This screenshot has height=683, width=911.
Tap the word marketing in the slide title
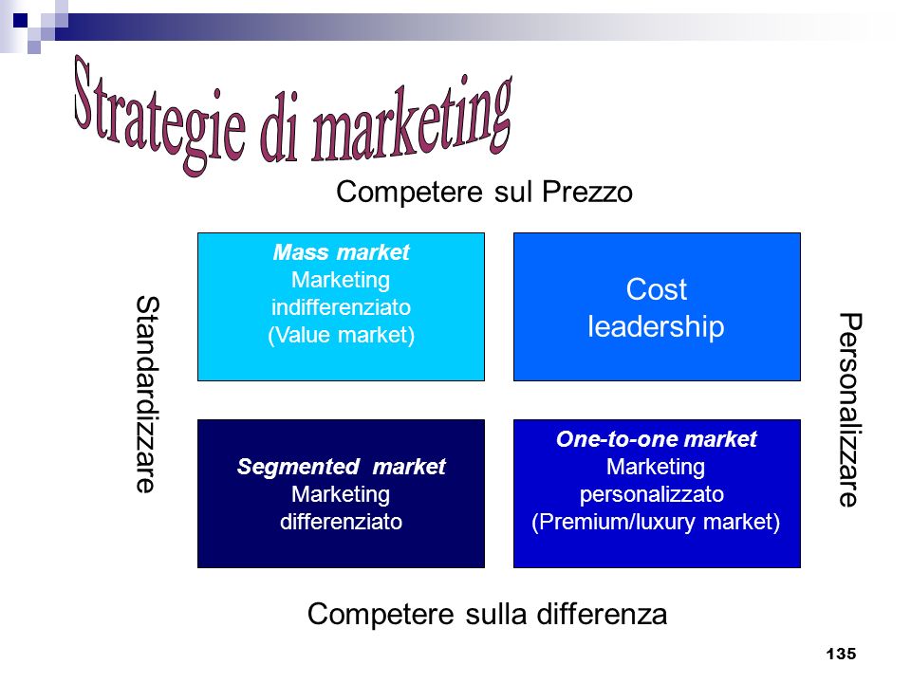[x=412, y=120]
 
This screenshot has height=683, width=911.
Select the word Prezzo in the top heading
[x=586, y=193]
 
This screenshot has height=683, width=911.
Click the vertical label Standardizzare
[x=147, y=395]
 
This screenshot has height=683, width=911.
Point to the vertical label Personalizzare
[x=850, y=410]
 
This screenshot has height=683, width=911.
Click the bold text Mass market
[x=341, y=252]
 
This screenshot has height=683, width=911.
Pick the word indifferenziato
[x=341, y=307]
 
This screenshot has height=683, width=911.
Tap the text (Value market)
[x=341, y=335]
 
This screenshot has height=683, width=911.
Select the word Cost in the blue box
[x=657, y=289]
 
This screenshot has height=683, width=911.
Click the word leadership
[x=656, y=326]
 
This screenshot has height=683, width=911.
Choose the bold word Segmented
[x=298, y=467]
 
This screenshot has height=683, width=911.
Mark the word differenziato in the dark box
[x=341, y=522]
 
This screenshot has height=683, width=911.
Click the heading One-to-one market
[x=657, y=439]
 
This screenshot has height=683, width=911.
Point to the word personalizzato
[x=652, y=494]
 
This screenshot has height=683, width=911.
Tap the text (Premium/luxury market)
[x=656, y=522]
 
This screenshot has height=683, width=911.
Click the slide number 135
[x=841, y=654]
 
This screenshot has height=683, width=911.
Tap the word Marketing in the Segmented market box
[x=341, y=494]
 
